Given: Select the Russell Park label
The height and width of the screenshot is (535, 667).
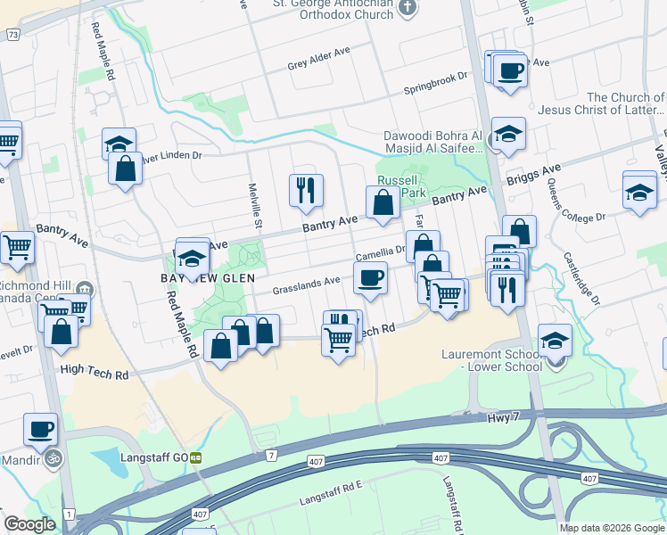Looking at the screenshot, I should tap(399, 185).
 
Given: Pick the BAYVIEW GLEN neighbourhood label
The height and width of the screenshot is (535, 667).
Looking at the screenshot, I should tap(208, 278).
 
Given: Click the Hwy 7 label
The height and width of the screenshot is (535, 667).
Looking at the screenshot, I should tap(502, 417).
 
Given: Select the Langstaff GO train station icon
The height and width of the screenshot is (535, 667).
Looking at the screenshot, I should tap(194, 457).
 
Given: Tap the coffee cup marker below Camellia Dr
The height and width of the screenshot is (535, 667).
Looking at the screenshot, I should tap(370, 277).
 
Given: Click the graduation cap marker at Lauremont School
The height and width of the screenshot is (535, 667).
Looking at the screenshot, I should tap(556, 341).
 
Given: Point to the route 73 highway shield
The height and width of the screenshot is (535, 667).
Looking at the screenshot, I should tap(12, 34).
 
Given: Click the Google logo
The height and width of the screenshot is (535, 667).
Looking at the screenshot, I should tap(29, 524).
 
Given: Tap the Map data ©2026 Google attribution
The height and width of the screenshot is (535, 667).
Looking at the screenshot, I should tap(612, 528).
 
